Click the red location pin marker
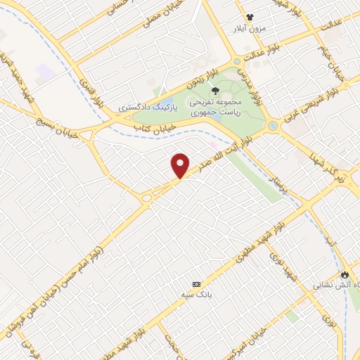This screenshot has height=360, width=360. [181, 165]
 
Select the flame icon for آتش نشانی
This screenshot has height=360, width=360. [345, 274]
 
